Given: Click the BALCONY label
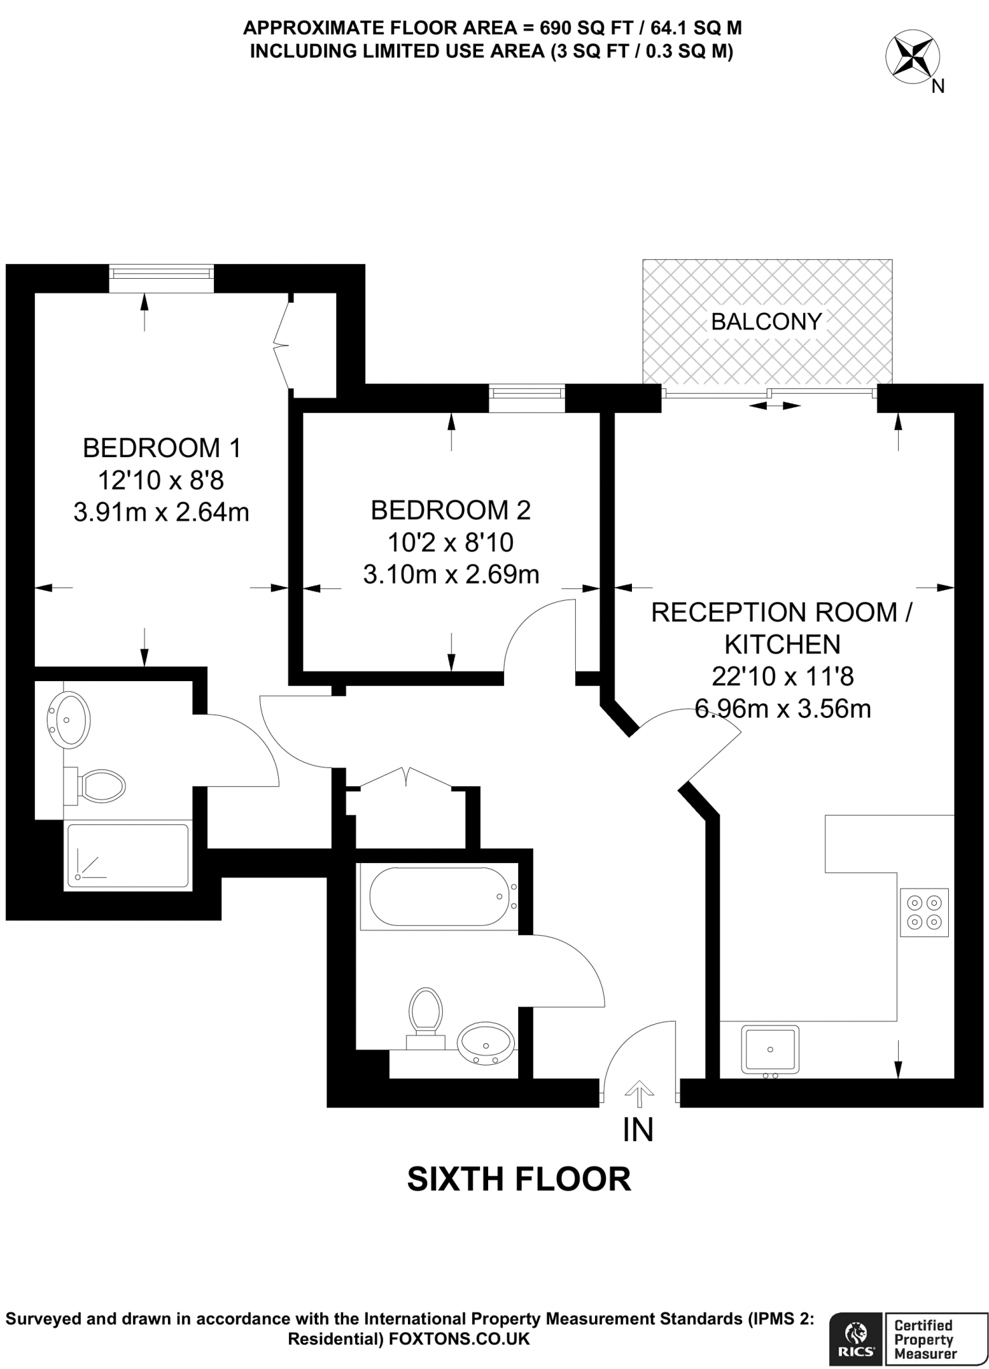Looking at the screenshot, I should (766, 322).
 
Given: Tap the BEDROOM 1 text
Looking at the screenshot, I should (161, 448).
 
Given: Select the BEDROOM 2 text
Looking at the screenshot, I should (451, 510).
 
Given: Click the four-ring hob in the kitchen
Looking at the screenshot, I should (924, 912).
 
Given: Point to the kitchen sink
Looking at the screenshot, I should (770, 1050).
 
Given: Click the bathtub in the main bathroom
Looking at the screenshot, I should (439, 896).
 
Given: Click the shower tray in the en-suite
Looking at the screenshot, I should (127, 856).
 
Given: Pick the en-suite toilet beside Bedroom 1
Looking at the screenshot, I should (99, 786).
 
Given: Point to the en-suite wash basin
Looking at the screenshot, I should (69, 719).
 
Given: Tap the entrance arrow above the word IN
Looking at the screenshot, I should (639, 1094).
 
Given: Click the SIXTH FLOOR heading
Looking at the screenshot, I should (519, 1179).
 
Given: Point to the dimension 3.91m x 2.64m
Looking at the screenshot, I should (161, 513).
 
